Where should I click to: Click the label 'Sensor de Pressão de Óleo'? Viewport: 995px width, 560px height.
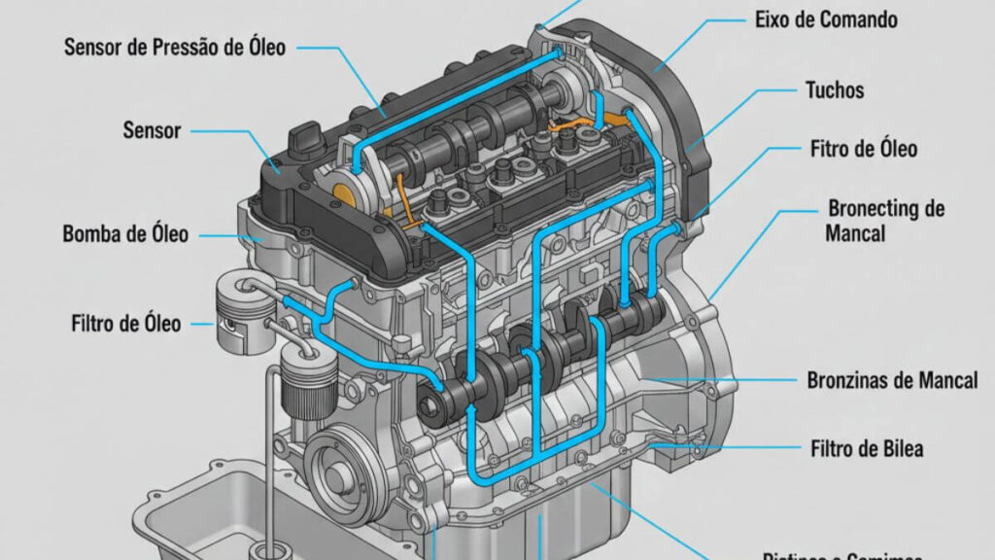pos(175,47)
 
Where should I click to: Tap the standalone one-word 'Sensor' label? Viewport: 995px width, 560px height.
pos(153,129)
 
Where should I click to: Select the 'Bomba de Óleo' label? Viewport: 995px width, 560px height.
pos(125,234)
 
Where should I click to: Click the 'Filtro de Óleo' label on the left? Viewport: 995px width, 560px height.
pos(126,323)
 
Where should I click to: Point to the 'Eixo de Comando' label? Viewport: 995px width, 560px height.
pos(826,19)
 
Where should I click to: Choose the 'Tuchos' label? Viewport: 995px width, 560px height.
pos(835,90)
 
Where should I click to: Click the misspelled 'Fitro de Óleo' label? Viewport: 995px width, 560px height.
pos(863,150)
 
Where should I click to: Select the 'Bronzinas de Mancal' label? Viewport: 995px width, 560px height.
pos(892,380)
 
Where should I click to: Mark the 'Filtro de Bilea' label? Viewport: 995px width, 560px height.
pos(866,448)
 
